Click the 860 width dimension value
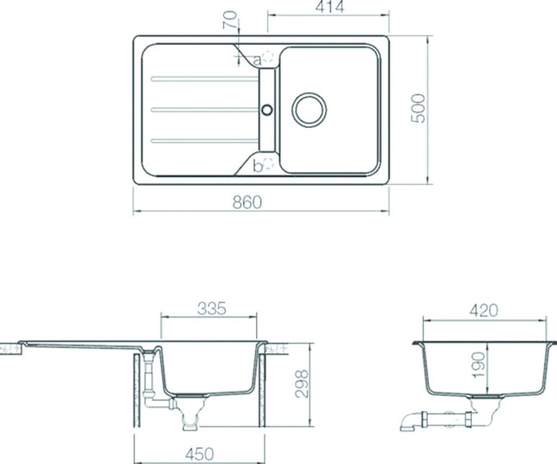(x=247, y=203)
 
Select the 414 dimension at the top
(x=330, y=7)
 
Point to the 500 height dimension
(x=417, y=108)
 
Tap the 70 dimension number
(x=229, y=20)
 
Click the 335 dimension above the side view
(x=211, y=308)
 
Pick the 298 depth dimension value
(x=302, y=384)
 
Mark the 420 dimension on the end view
(x=484, y=310)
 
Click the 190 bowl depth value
(x=479, y=365)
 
